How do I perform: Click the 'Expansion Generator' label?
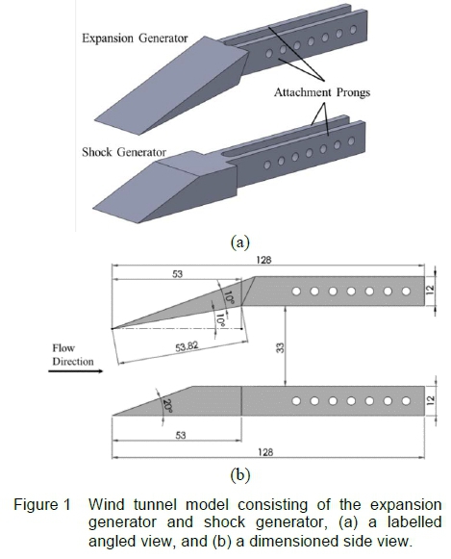(135, 38)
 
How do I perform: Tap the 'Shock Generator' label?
(124, 152)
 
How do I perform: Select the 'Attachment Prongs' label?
(322, 92)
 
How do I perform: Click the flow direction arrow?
(76, 371)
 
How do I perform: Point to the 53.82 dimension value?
(187, 346)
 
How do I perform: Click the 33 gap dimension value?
(281, 347)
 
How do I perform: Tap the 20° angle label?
(167, 406)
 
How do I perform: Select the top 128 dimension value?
(263, 260)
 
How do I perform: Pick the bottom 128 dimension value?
(265, 452)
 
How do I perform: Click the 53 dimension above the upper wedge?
(177, 274)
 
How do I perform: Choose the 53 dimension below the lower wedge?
(181, 435)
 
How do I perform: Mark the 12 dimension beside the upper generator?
(431, 290)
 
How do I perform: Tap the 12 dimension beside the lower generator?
(431, 400)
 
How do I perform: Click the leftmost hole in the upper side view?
(296, 292)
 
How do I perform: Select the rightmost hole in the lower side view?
(406, 401)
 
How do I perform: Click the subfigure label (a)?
(240, 242)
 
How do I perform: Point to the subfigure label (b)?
(240, 475)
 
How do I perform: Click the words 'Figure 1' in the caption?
(42, 505)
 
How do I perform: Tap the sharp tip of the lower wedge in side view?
(113, 416)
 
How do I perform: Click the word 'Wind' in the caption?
(107, 505)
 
